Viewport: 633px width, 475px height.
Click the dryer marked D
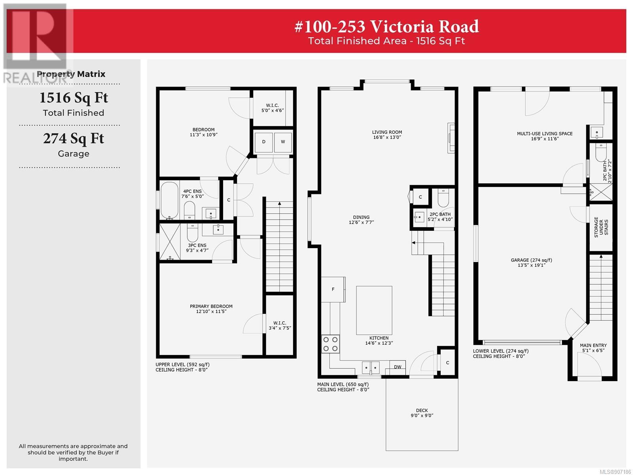pyautogui.click(x=263, y=142)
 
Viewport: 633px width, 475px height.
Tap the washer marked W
pyautogui.click(x=283, y=142)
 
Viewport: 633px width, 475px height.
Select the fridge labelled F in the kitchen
pyautogui.click(x=334, y=290)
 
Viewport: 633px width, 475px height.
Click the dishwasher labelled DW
pyautogui.click(x=397, y=367)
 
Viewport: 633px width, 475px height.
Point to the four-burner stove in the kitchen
pyautogui.click(x=330, y=344)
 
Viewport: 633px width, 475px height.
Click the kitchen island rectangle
pyautogui.click(x=374, y=310)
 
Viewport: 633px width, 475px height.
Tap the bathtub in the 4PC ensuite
pyautogui.click(x=170, y=200)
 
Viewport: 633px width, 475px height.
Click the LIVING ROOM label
pyautogui.click(x=387, y=132)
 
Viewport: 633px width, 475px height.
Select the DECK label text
pyautogui.click(x=422, y=410)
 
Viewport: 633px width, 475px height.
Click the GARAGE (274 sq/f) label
pyautogui.click(x=531, y=260)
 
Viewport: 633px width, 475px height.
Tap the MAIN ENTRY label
pyautogui.click(x=593, y=345)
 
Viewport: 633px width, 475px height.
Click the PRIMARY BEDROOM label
pyautogui.click(x=211, y=306)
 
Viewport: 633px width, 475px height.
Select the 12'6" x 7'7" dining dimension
pyautogui.click(x=361, y=222)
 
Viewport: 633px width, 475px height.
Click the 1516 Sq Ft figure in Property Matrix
pyautogui.click(x=74, y=98)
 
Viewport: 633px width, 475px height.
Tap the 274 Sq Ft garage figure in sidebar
pyautogui.click(x=74, y=139)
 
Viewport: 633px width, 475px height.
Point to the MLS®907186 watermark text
pyautogui.click(x=616, y=472)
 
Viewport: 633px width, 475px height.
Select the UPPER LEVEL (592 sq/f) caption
pyautogui.click(x=182, y=364)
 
